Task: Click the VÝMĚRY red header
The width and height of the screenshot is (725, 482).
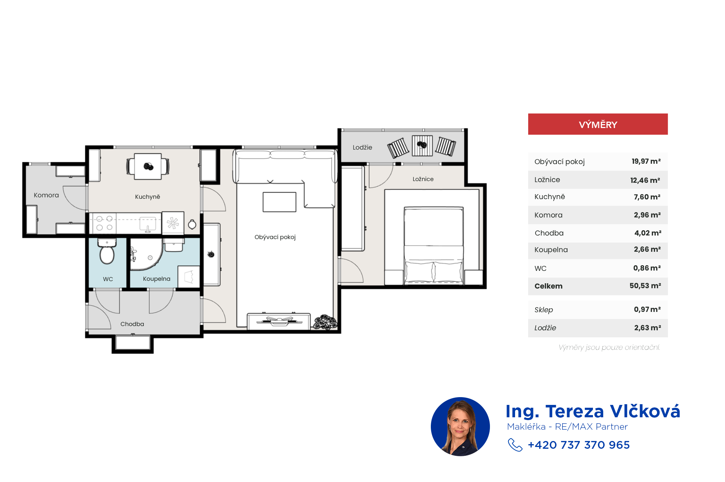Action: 598,124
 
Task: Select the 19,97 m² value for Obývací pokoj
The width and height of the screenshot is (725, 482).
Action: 646,161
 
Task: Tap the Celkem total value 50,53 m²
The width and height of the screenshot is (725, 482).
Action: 645,286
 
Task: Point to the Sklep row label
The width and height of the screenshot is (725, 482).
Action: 544,310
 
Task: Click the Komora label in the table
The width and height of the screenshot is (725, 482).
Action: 548,215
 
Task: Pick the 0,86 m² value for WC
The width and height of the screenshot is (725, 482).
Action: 647,268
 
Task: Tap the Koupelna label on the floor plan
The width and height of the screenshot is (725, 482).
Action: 156,279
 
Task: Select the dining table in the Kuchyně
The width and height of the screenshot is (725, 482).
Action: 148,166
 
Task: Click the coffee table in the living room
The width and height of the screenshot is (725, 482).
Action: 279,202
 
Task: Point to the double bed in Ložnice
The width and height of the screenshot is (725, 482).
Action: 434,246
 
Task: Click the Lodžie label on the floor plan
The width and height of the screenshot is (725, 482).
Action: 362,147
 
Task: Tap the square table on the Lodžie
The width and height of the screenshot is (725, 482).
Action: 422,146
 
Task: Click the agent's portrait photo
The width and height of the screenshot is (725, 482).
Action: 460,426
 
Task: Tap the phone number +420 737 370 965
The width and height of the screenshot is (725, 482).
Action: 579,445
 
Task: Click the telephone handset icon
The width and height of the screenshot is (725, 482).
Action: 515,445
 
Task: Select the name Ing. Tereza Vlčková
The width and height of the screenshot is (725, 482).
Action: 593,411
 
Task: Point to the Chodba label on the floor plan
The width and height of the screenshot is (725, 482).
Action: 132,324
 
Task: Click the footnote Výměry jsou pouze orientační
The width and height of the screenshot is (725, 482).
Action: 609,347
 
